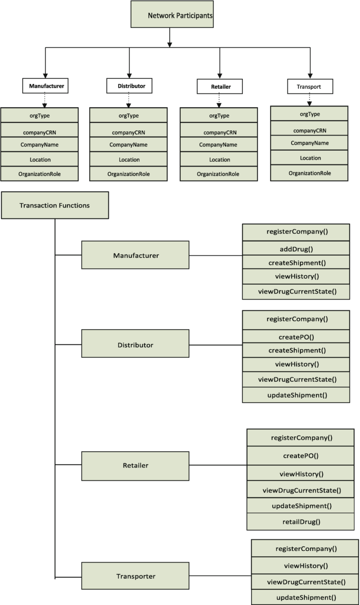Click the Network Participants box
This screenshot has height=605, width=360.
pyautogui.click(x=172, y=14)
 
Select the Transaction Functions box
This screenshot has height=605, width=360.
pyautogui.click(x=55, y=205)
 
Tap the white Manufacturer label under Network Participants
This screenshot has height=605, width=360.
pyautogui.click(x=46, y=86)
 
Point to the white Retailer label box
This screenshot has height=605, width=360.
pyautogui.click(x=220, y=86)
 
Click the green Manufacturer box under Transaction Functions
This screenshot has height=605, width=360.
pyautogui.click(x=135, y=255)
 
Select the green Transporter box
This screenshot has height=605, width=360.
pyautogui.click(x=135, y=576)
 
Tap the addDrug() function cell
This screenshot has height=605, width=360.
pyautogui.click(x=296, y=248)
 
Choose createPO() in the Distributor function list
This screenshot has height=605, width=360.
pyautogui.click(x=296, y=337)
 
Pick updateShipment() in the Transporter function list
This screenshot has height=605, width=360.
pyautogui.click(x=306, y=597)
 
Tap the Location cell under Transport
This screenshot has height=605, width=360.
pyautogui.click(x=309, y=158)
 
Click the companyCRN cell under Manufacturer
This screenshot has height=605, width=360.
pyautogui.click(x=39, y=132)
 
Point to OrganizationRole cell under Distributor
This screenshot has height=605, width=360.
pyautogui.click(x=129, y=174)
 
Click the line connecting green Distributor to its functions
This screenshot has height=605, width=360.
pyautogui.click(x=215, y=345)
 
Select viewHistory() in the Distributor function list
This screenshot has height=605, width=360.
pyautogui.click(x=296, y=364)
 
